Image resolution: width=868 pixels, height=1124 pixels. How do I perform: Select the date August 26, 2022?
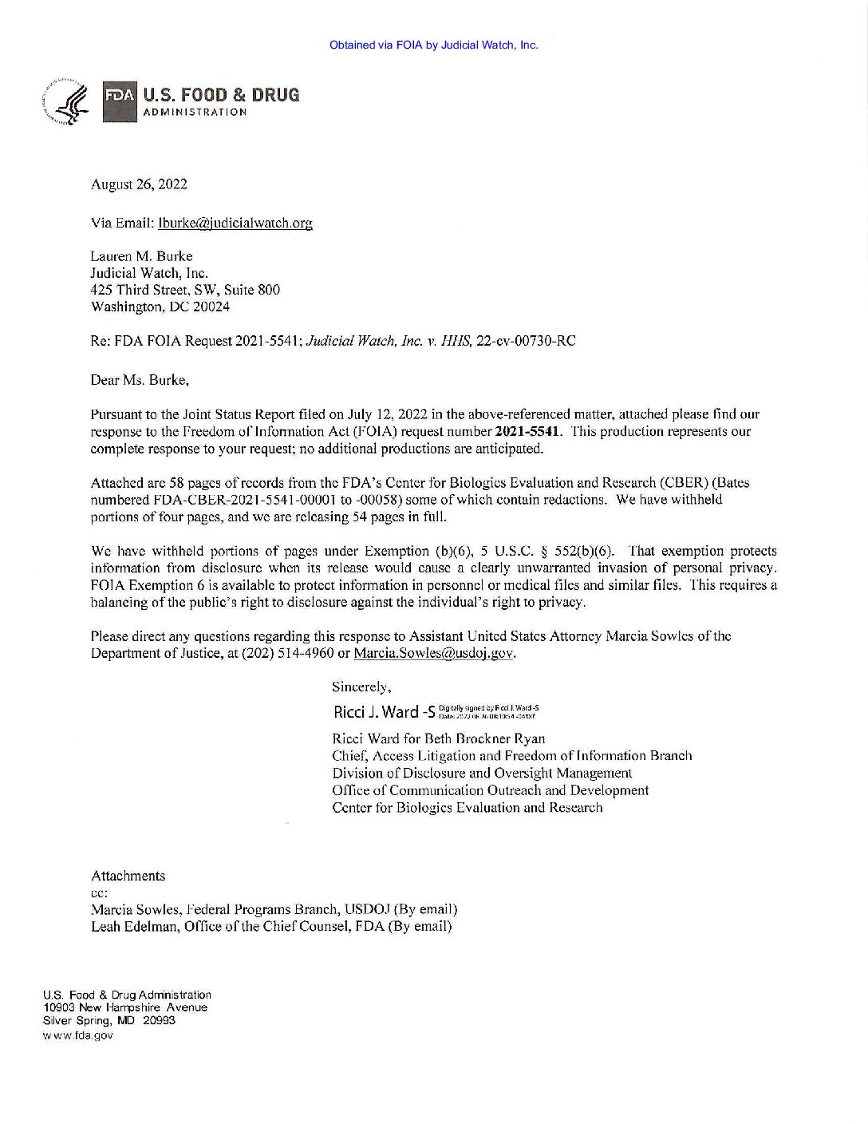(x=140, y=184)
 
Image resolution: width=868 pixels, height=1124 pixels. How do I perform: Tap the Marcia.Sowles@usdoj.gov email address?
(x=433, y=653)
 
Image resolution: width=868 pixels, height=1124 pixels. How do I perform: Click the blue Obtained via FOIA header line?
(x=433, y=45)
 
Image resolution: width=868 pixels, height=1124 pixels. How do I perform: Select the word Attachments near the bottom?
(x=128, y=876)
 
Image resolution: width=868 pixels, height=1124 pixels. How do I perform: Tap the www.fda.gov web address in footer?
(x=78, y=1035)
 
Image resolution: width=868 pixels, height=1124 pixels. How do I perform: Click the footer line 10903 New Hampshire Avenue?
(x=125, y=1007)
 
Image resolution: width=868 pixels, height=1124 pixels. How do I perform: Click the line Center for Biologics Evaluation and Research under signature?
(x=467, y=808)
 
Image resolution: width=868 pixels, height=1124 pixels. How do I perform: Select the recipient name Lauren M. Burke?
(x=142, y=256)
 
